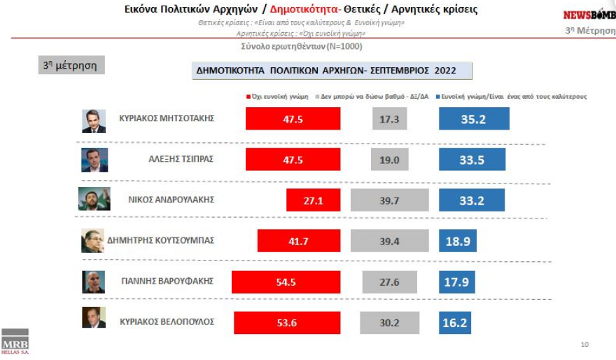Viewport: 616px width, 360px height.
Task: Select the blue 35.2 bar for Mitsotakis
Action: tap(474, 119)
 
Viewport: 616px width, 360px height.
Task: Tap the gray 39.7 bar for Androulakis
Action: tap(399, 201)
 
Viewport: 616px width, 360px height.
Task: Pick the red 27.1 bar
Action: tap(313, 200)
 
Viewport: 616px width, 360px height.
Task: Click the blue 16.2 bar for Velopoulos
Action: tap(454, 324)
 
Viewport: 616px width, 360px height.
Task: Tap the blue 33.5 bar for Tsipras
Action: tap(472, 160)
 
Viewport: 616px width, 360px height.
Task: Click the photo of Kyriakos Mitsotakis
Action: tap(94, 120)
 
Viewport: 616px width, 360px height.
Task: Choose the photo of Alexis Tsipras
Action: tap(94, 160)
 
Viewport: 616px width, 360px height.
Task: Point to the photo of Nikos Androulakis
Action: tap(94, 200)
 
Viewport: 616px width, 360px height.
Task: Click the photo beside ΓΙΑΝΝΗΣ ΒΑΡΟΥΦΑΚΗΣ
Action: tap(94, 282)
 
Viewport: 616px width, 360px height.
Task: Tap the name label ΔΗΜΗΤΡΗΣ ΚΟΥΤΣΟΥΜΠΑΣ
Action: tap(160, 240)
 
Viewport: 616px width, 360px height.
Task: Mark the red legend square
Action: tap(248, 96)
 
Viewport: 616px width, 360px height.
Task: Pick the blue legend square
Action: tap(437, 96)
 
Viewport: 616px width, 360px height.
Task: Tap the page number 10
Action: tap(585, 345)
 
